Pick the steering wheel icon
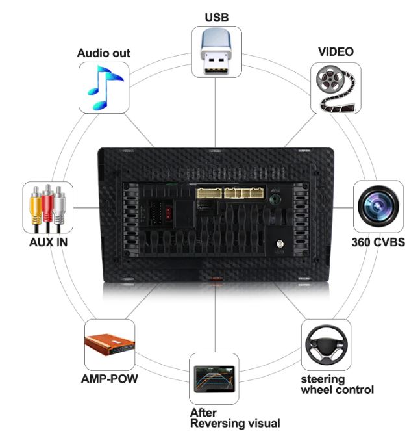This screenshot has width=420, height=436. pos(326,344)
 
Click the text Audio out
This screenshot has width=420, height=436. pos(104,53)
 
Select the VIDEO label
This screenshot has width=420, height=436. pos(336,51)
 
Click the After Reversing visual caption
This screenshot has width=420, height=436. pos(234,418)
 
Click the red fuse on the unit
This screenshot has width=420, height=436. pos(170,212)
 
